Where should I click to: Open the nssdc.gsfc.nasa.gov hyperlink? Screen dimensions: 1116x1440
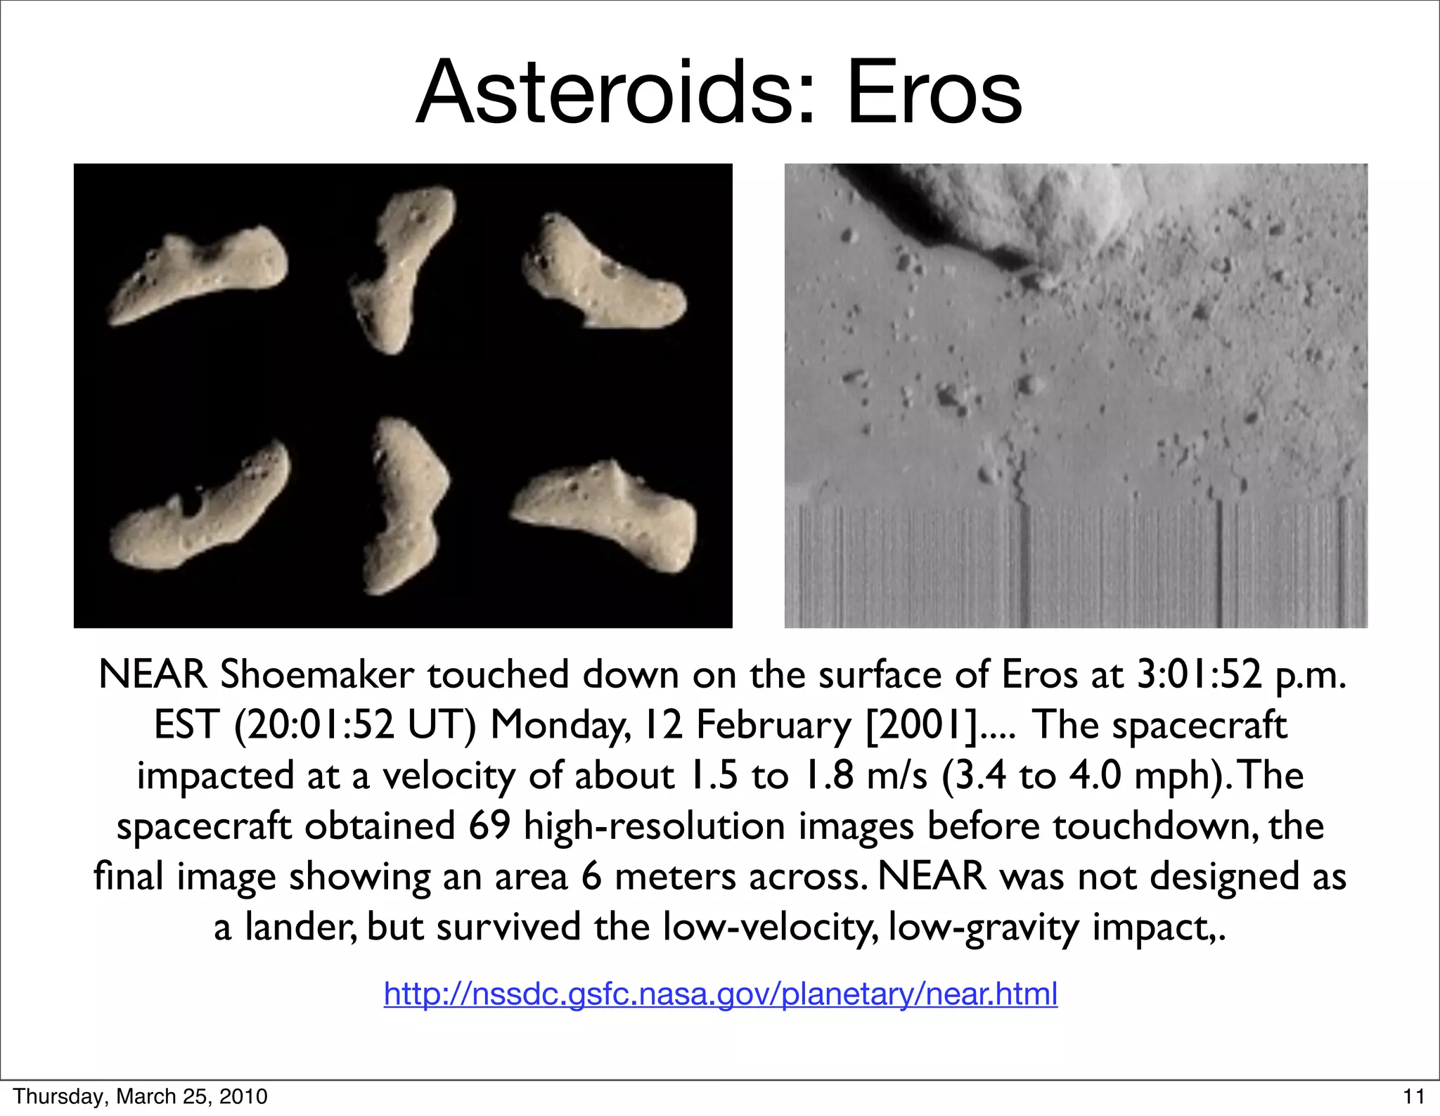720,994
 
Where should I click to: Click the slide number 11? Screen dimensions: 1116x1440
1413,1096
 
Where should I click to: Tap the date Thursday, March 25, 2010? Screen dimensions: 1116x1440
141,1096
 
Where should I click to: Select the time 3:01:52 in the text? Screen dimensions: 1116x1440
1199,674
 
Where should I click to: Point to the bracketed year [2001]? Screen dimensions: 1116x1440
921,725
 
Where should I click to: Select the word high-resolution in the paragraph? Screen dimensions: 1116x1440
654,826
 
